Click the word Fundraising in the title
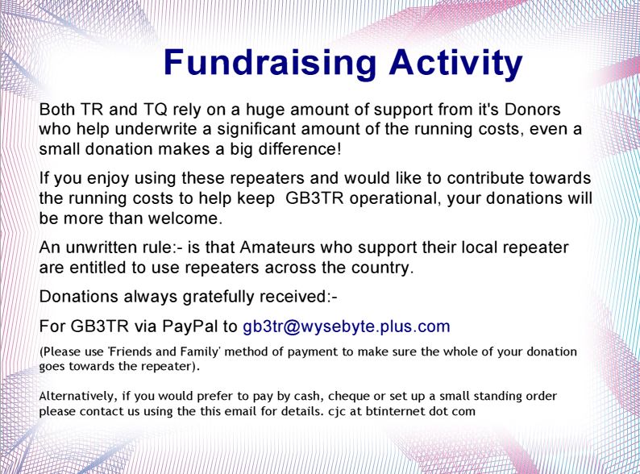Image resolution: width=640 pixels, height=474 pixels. [x=269, y=62]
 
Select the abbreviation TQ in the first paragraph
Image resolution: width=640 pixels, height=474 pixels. [x=155, y=110]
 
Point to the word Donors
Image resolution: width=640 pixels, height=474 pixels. [x=533, y=110]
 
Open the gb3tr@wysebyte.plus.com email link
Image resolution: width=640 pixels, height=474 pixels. [x=347, y=327]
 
